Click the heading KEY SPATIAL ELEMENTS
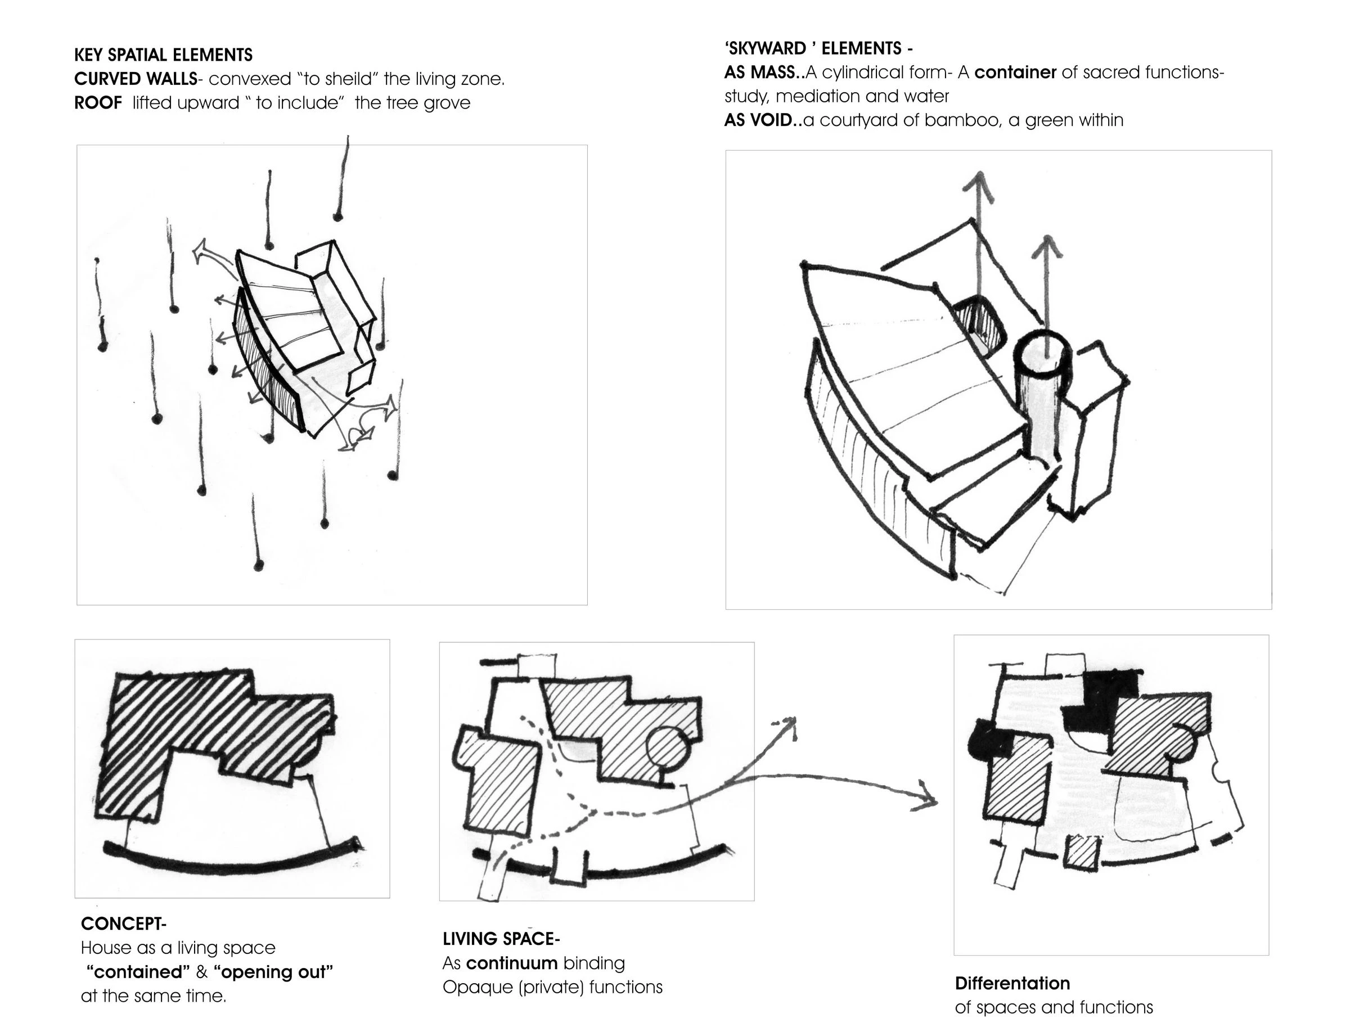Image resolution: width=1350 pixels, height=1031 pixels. point(163,55)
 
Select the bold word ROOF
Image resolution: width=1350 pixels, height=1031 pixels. point(98,102)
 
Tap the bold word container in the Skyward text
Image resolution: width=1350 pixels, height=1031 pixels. point(1015,73)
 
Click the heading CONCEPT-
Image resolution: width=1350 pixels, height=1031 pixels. point(123,924)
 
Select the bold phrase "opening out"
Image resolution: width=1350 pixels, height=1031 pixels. point(273,971)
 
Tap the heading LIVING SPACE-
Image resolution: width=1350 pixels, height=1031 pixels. point(501,938)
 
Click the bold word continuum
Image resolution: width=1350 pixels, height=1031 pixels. point(512,963)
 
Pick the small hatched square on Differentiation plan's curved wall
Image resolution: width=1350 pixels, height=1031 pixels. point(1083,852)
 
